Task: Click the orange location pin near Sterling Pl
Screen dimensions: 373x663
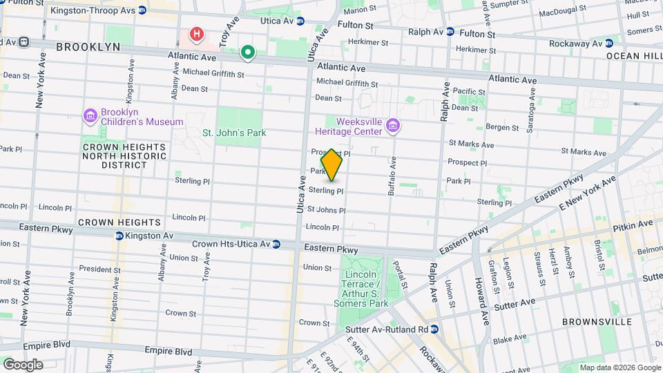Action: tap(332, 164)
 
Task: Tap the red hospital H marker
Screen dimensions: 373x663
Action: tap(198, 34)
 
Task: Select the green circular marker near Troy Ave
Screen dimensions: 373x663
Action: tap(247, 52)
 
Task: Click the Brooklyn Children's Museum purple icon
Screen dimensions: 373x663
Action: tap(90, 116)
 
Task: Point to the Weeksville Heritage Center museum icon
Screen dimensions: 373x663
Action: tap(393, 125)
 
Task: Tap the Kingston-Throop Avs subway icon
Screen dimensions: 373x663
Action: tap(142, 10)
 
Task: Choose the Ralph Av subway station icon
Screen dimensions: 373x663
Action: tap(450, 32)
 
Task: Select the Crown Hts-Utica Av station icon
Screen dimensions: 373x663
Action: tap(276, 244)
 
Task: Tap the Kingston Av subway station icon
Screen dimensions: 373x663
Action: tap(119, 236)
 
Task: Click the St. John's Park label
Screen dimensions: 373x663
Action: tap(234, 133)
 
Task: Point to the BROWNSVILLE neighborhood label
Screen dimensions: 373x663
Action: tap(597, 322)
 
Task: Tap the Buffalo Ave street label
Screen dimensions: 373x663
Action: tap(392, 176)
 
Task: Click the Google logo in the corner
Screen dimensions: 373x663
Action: tap(23, 364)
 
